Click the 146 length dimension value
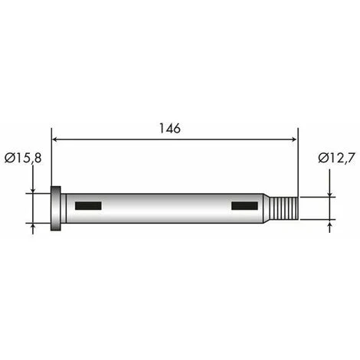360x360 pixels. tap(171, 129)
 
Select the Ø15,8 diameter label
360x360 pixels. tap(23, 159)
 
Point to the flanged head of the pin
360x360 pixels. tap(56, 208)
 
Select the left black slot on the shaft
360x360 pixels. tap(88, 205)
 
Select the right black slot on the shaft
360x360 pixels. tap(245, 205)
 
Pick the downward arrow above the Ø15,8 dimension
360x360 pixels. tap(34, 188)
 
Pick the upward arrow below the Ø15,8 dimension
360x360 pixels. tap(34, 227)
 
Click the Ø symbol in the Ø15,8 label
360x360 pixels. tap(8, 159)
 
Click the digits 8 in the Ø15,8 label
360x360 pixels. tap(38, 159)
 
